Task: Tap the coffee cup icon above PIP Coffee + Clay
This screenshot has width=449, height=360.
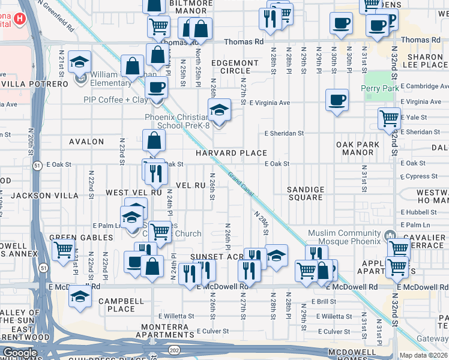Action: tap(156, 88)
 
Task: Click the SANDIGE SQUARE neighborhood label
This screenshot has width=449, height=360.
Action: tap(306, 193)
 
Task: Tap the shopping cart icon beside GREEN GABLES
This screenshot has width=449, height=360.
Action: tap(63, 250)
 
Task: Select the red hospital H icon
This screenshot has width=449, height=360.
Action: tap(20, 19)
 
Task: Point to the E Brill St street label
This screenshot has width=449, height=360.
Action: tap(324, 301)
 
